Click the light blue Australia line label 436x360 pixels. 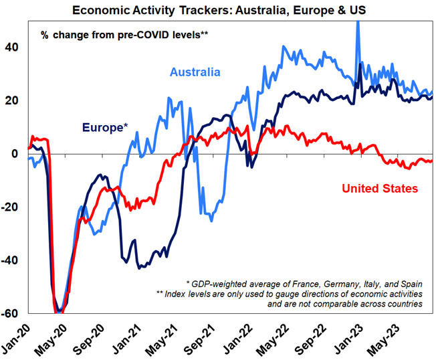195,72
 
